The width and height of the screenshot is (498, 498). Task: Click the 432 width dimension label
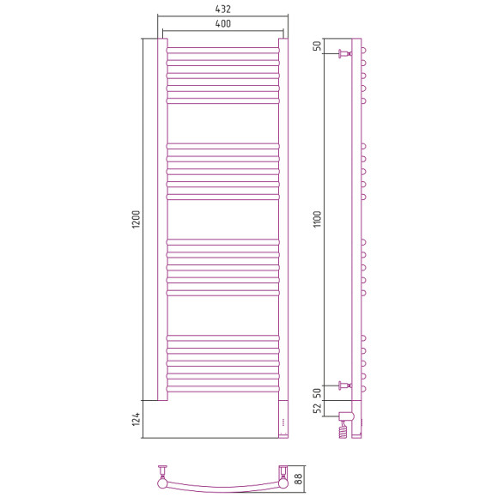[x=222, y=9]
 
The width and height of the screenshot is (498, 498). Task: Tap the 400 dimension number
[x=223, y=23]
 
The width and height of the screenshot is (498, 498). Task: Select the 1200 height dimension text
[x=136, y=219]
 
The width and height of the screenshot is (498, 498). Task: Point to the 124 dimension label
[x=136, y=419]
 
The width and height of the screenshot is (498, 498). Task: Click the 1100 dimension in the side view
[x=318, y=219]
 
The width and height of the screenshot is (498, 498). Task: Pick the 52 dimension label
[x=318, y=409]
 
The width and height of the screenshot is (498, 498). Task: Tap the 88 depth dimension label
[x=298, y=478]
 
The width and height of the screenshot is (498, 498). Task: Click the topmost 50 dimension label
[x=318, y=46]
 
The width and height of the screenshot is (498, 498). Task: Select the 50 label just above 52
[x=318, y=393]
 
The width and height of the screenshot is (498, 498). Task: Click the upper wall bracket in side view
[x=345, y=54]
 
